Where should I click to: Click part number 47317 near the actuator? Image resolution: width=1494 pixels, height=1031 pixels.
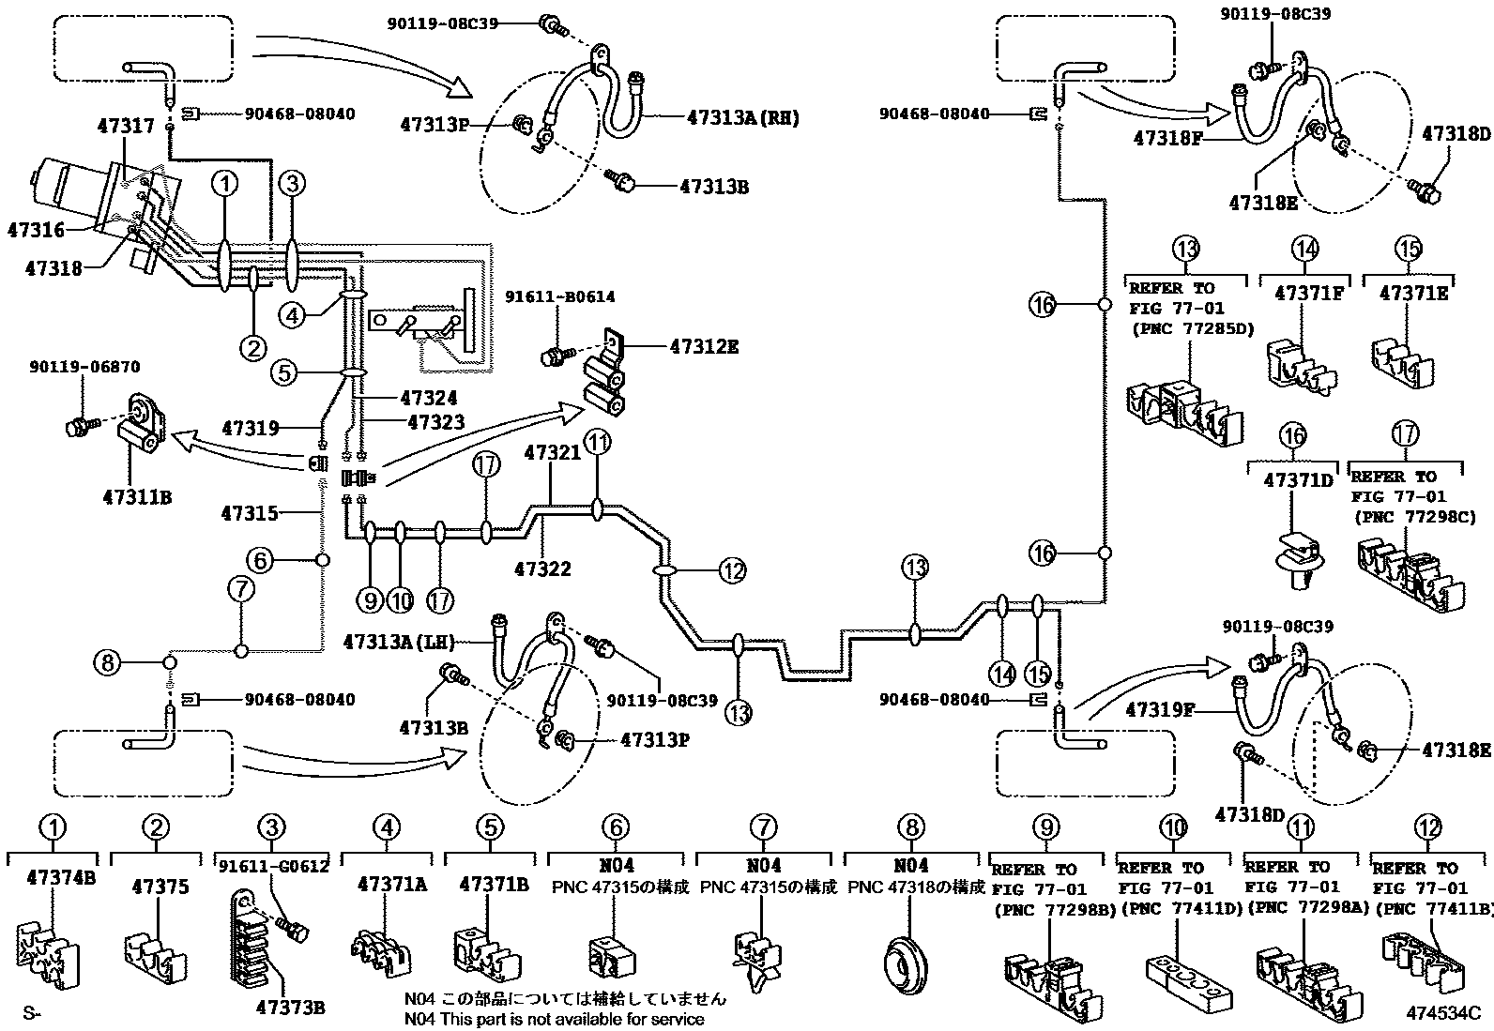click(126, 125)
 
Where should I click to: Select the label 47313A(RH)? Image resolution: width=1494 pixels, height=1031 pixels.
click(742, 118)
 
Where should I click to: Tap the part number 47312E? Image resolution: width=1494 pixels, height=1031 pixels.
click(704, 347)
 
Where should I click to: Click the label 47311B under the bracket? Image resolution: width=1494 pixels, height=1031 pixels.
click(137, 496)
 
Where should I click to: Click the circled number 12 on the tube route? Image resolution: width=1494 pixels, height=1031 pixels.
click(734, 569)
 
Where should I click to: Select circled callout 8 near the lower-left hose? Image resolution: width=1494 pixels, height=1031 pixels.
click(108, 663)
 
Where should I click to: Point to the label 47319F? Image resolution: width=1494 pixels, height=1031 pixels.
click(1160, 710)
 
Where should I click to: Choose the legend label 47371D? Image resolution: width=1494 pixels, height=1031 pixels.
click(1298, 479)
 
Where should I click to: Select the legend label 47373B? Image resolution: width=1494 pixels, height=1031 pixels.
click(292, 1008)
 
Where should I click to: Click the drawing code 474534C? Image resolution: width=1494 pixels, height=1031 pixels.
click(1442, 1013)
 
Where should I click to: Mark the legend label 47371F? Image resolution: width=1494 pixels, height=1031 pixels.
click(1308, 293)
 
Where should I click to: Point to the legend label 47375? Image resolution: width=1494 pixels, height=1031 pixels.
click(160, 887)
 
